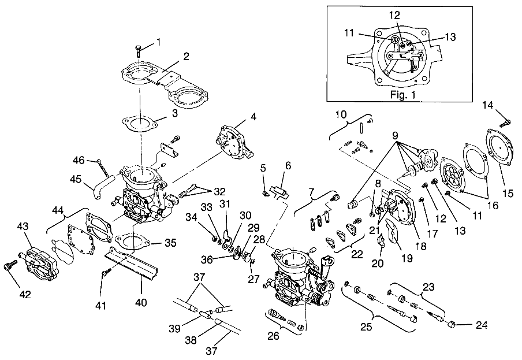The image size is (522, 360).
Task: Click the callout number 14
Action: pos(488,105)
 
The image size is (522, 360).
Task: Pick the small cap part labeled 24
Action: pos(455,325)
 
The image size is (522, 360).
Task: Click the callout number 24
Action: pos(481,325)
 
